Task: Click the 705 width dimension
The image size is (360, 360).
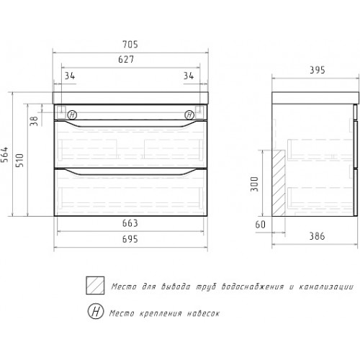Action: click(x=130, y=45)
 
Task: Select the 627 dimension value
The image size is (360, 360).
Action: click(x=126, y=59)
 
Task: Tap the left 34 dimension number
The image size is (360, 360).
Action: click(x=70, y=76)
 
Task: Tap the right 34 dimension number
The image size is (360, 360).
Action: click(x=189, y=76)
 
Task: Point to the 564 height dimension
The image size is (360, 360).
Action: click(x=5, y=154)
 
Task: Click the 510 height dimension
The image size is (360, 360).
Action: click(x=20, y=160)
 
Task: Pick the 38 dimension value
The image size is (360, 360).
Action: click(x=35, y=121)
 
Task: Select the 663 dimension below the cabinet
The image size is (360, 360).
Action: click(x=130, y=223)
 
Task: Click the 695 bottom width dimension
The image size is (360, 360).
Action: click(x=130, y=239)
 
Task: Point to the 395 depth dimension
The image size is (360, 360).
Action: click(x=317, y=70)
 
